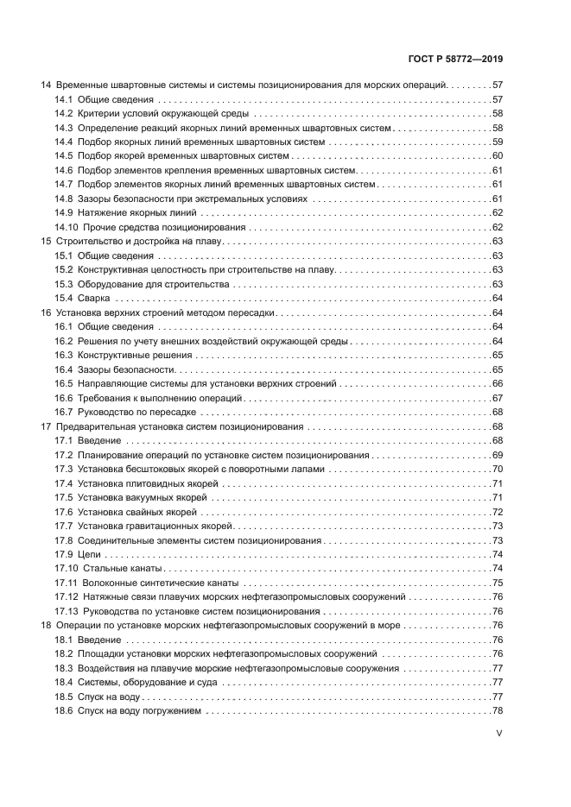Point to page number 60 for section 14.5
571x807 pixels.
click(498, 156)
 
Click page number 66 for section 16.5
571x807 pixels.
click(498, 383)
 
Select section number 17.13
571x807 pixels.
click(67, 611)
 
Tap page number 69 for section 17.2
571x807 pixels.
click(498, 454)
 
